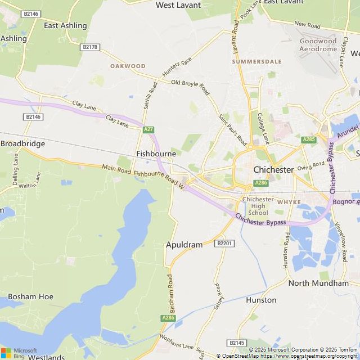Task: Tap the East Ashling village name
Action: point(65,25)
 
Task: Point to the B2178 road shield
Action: point(89,47)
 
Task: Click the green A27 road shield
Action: point(148,129)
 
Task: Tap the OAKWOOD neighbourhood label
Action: point(128,66)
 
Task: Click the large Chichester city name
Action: point(274,169)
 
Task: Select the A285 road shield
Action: point(308,139)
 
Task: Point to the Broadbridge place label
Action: point(22,143)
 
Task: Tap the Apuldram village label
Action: point(184,245)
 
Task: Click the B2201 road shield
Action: point(224,243)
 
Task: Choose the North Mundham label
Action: point(318,283)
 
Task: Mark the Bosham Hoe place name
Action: point(30,296)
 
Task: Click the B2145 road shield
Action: point(237,343)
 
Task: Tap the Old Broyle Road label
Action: point(190,87)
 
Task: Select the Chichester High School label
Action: point(258,206)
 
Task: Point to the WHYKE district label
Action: point(289,201)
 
